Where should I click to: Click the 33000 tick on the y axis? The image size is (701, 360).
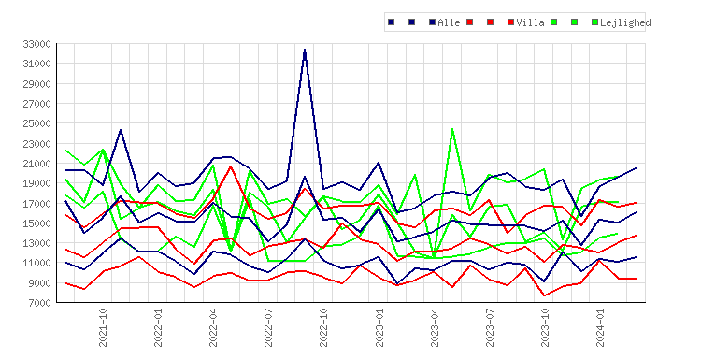click(36, 44)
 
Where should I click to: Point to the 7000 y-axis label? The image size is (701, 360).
click(39, 303)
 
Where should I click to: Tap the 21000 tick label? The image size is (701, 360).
click(36, 164)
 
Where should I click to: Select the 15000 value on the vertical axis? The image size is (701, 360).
click(36, 223)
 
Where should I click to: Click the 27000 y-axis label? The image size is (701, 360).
click(36, 104)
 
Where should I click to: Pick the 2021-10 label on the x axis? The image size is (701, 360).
click(103, 327)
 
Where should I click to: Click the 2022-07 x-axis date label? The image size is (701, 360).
click(268, 327)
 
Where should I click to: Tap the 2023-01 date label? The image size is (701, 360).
click(379, 327)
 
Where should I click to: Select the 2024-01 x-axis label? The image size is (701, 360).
click(600, 327)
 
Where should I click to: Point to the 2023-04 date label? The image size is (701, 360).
click(435, 327)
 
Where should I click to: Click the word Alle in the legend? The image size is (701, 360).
click(449, 22)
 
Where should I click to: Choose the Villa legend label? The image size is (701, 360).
click(530, 22)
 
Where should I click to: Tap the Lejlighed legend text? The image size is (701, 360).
click(625, 22)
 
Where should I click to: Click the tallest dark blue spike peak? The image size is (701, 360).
click(305, 50)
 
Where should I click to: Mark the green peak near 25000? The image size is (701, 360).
click(452, 129)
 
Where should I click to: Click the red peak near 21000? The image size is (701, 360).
click(231, 166)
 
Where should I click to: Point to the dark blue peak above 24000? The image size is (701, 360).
click(121, 130)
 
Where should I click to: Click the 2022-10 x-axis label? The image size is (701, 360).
click(323, 327)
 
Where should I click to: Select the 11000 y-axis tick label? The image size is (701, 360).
click(36, 263)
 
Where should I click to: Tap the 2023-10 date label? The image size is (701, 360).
click(545, 327)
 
